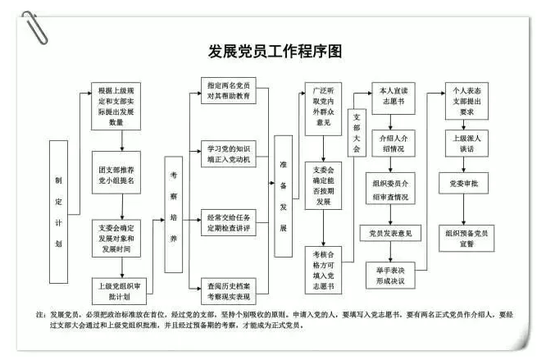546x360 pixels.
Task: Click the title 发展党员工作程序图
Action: click(275, 52)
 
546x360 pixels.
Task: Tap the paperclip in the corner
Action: click(34, 28)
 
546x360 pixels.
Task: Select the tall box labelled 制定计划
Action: click(58, 212)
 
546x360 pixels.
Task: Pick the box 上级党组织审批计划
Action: click(119, 291)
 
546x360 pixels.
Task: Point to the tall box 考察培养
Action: click(174, 215)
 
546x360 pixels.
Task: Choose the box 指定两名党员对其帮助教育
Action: click(229, 90)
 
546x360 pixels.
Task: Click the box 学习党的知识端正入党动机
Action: click(229, 154)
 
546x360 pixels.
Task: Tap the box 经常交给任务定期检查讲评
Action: click(229, 223)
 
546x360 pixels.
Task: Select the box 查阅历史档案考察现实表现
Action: click(229, 291)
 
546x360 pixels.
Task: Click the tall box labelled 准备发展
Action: click(283, 196)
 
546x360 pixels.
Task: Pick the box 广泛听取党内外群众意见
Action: click(323, 109)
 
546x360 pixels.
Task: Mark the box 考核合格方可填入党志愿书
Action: click(323, 270)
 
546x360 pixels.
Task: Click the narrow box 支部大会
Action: click(357, 133)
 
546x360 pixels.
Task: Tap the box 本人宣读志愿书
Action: click(394, 98)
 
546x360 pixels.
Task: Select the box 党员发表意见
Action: click(390, 233)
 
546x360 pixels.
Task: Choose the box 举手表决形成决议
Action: click(390, 276)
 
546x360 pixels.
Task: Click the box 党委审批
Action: click(463, 183)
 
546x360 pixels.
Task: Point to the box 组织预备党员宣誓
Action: click(466, 239)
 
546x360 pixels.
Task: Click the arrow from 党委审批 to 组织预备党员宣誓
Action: click(463, 210)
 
